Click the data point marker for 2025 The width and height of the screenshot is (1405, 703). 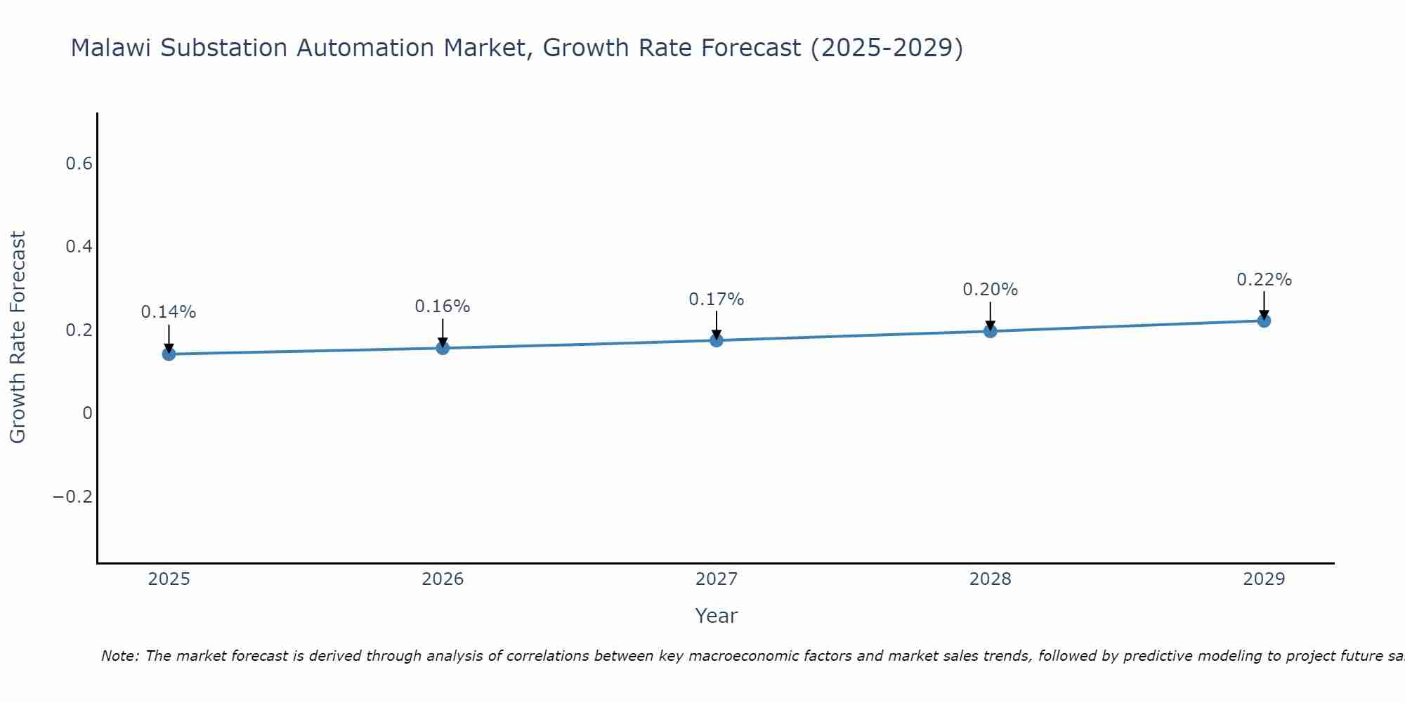pos(169,354)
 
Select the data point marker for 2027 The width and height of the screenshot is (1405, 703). pos(717,340)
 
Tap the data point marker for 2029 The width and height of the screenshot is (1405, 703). pos(1264,321)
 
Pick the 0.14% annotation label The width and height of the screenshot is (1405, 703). pos(169,312)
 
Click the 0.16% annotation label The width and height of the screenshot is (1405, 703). pos(442,307)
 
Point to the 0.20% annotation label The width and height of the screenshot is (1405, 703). pos(990,290)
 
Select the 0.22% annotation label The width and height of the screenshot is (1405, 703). pos(1264,280)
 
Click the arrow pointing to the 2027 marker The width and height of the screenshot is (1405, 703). pos(717,325)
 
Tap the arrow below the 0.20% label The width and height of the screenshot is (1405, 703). pos(990,316)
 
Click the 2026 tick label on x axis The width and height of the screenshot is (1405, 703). pos(443,579)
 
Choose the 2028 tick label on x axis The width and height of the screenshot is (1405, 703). pos(990,579)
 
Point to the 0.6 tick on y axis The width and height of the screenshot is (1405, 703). pos(79,164)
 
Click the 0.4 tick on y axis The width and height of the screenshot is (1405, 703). pos(79,247)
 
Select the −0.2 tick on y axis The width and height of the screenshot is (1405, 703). pos(73,497)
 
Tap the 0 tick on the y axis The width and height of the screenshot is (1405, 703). pos(87,413)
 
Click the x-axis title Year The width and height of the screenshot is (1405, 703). pos(716,616)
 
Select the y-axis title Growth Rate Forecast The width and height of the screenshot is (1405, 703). pos(18,337)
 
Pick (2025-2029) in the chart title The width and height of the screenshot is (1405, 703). pos(887,48)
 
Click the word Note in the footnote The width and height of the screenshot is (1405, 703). pos(119,656)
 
